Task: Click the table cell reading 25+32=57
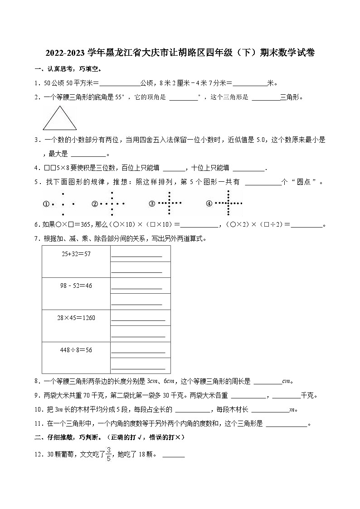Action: [76, 261]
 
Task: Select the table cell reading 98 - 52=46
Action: [76, 293]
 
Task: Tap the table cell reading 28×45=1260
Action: [76, 325]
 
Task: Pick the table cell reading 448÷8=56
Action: [76, 357]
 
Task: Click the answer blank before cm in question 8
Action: [267, 382]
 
